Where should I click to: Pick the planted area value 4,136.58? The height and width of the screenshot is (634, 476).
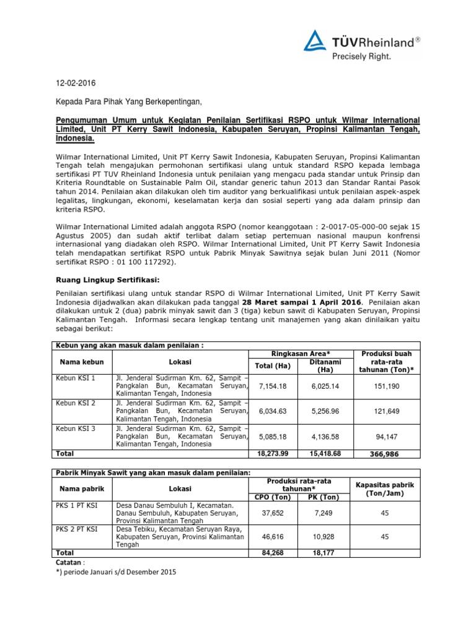(x=325, y=436)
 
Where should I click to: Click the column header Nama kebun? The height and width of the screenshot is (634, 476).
(x=81, y=361)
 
